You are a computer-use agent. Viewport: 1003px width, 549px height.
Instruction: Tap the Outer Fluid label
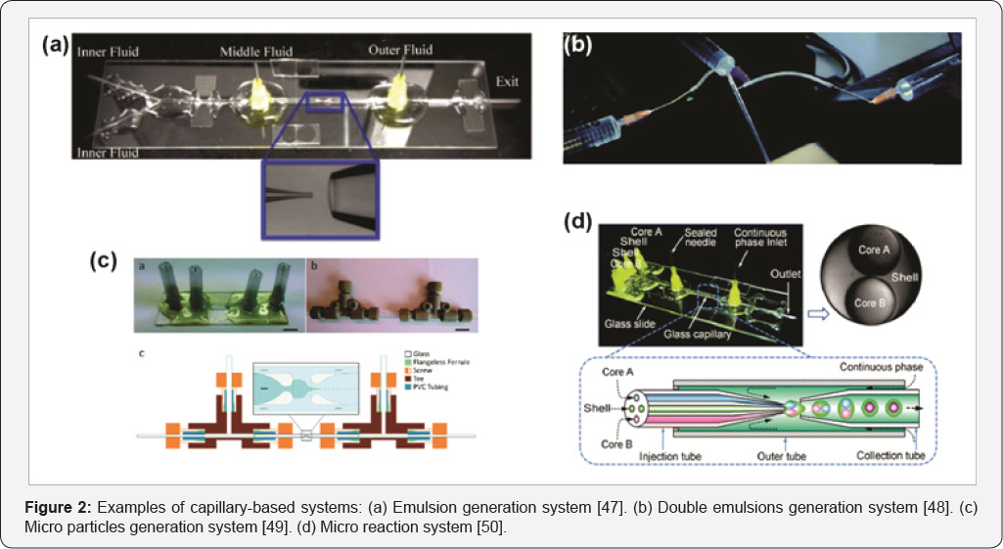pyautogui.click(x=400, y=50)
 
